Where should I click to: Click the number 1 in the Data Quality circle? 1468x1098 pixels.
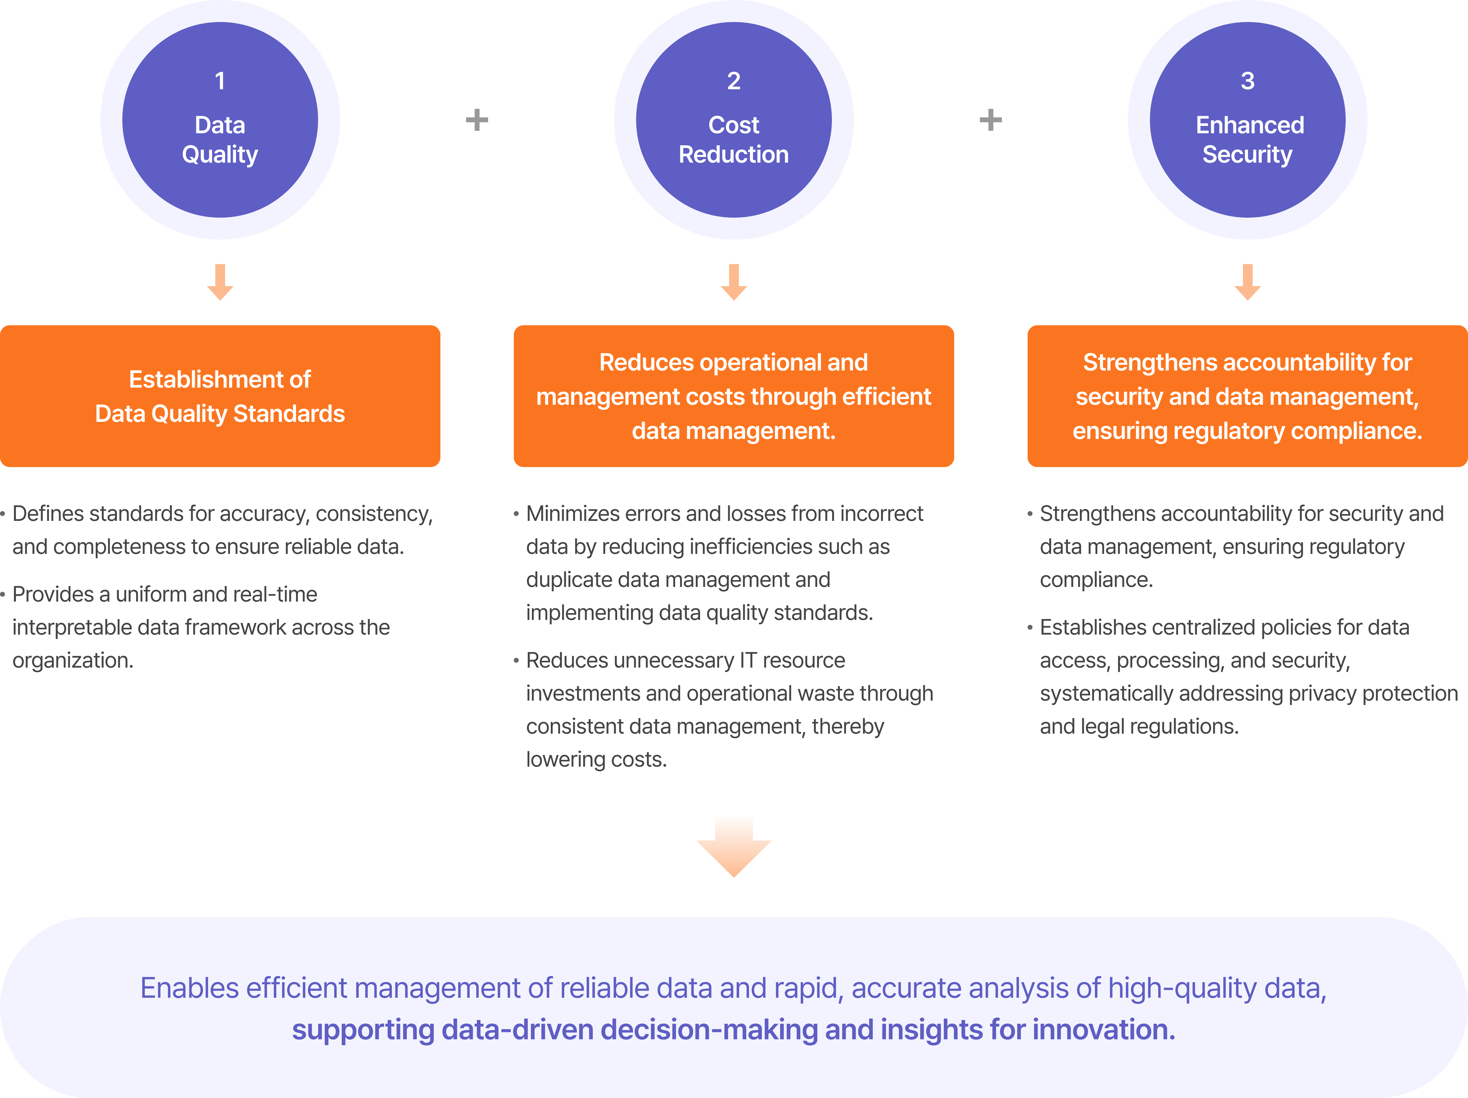(x=220, y=81)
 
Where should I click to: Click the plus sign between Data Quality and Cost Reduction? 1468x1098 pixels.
(x=476, y=120)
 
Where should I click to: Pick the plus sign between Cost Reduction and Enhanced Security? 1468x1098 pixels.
(x=990, y=120)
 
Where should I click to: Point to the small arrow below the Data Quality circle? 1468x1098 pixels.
(x=220, y=282)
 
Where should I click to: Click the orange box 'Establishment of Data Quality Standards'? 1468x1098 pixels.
(x=220, y=396)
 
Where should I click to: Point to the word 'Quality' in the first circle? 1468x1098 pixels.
(x=220, y=155)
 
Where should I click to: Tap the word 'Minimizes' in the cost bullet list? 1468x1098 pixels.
(x=571, y=514)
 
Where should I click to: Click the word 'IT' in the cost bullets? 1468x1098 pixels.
(x=748, y=660)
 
